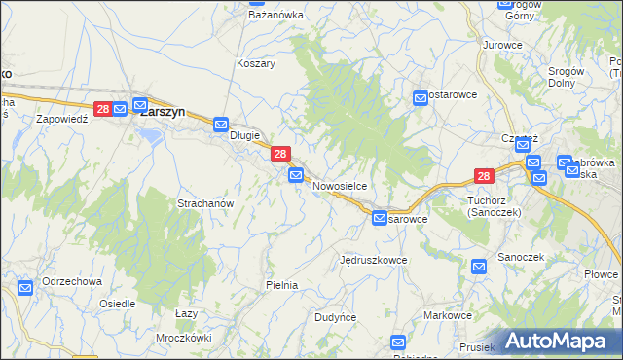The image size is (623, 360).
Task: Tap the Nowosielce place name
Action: [339, 185]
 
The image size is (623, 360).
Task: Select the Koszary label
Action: [256, 63]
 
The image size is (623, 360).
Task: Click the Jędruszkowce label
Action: [373, 261]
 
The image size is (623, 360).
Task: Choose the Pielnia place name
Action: [281, 285]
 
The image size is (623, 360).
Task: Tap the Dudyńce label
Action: [336, 318]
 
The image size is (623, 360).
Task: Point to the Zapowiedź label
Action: [62, 118]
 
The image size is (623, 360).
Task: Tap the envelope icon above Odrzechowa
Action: [25, 288]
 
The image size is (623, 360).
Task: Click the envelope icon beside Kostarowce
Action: [421, 97]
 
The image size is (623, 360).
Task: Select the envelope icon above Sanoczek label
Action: [479, 266]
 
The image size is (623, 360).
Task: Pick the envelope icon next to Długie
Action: [221, 125]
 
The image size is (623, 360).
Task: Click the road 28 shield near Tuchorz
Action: [485, 176]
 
